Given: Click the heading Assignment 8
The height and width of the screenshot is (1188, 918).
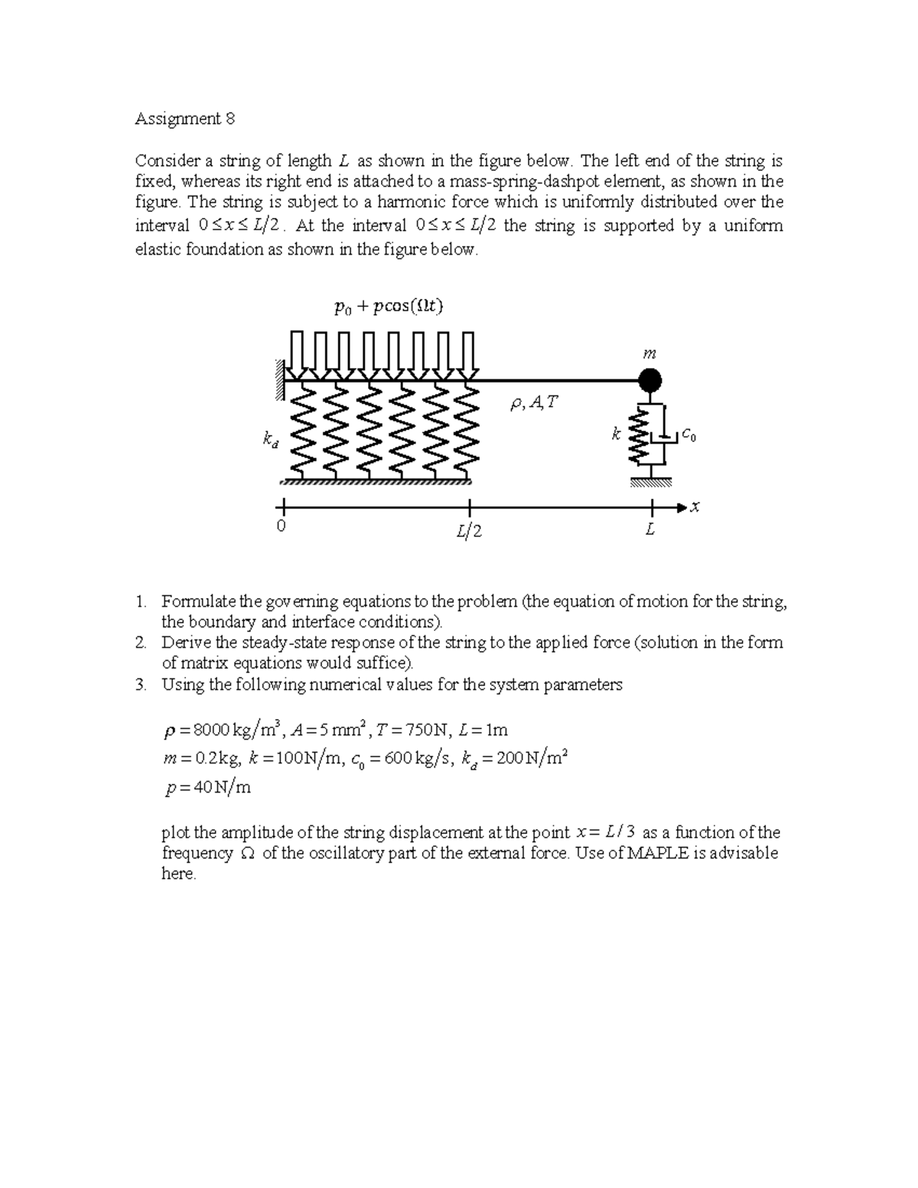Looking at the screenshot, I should [184, 119].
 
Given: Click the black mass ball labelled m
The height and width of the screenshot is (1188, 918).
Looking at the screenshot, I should [649, 379].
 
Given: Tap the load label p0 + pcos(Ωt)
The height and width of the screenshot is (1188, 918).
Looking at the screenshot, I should [389, 307].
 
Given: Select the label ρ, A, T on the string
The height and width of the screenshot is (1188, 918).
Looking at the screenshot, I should [534, 403].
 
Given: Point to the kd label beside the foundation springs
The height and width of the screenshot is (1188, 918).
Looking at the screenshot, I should [270, 439].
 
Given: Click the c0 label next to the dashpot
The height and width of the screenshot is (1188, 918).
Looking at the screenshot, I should [689, 435].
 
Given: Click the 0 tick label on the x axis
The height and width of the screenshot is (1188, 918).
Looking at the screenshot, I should [281, 527].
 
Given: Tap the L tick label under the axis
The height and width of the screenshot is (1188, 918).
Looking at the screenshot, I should [649, 529].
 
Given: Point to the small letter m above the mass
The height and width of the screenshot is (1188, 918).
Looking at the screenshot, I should [649, 354].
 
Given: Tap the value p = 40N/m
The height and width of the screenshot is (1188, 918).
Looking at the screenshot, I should [207, 787].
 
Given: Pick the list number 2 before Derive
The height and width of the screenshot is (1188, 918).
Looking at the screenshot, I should [140, 643].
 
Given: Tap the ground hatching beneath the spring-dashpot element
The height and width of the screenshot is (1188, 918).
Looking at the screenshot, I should [651, 483].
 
